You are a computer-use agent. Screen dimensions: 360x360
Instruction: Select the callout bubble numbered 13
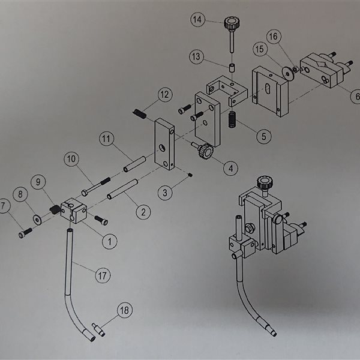(x=197, y=56)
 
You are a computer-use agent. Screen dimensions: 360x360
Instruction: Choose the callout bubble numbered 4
(x=230, y=169)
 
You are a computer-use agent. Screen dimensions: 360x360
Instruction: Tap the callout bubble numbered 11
(x=107, y=139)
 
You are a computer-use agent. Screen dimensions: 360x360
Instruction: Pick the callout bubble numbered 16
(x=273, y=37)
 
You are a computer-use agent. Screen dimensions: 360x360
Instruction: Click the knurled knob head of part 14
(x=229, y=25)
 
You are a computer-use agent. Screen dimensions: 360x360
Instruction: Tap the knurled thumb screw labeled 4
(x=205, y=152)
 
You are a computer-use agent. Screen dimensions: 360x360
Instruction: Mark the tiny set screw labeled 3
(x=190, y=175)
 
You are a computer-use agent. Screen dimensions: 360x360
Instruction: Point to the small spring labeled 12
(x=139, y=113)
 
